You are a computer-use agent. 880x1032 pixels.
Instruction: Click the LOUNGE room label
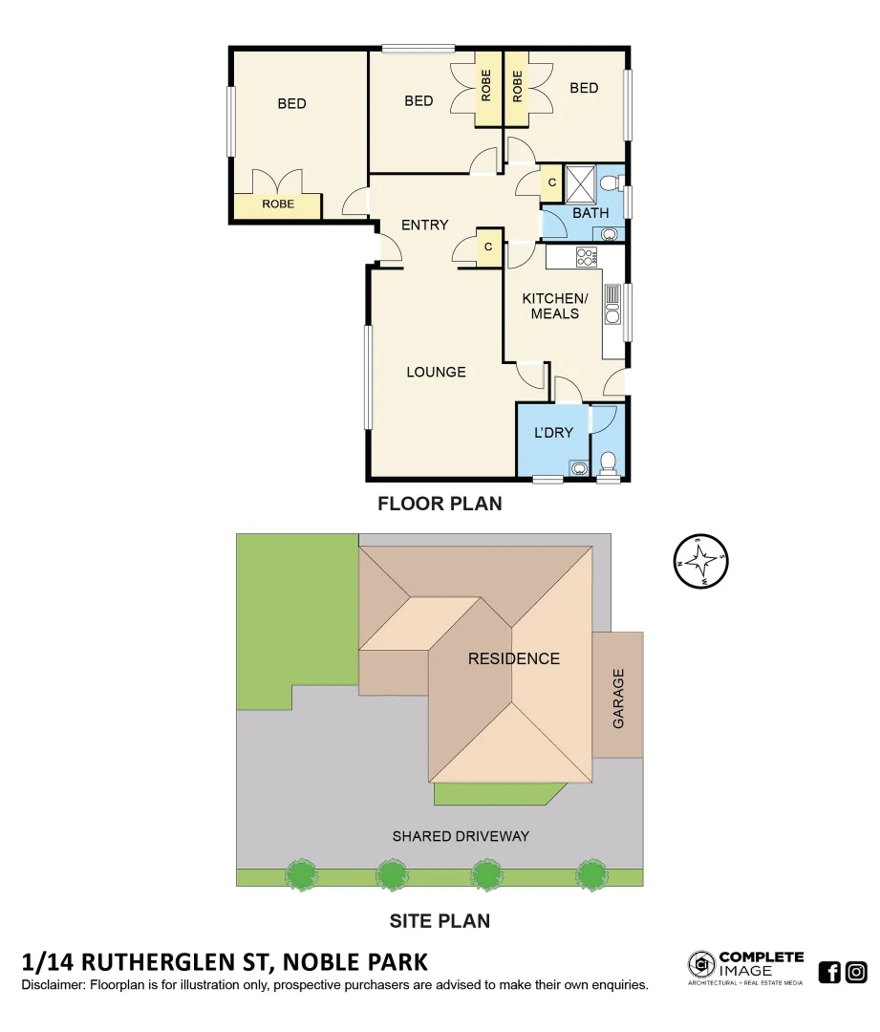436,372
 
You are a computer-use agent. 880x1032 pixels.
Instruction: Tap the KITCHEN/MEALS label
555,306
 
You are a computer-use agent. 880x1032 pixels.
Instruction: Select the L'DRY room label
553,432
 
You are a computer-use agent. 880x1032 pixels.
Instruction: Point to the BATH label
590,213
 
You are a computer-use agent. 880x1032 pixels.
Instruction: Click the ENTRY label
424,225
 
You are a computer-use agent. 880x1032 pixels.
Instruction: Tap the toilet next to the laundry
607,462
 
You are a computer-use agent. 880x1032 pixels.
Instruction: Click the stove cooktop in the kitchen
586,257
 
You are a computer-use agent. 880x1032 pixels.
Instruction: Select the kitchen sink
612,305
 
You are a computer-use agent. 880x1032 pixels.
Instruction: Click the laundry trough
579,467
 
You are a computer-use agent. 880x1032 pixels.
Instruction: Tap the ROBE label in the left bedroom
278,204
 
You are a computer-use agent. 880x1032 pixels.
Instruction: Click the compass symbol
700,561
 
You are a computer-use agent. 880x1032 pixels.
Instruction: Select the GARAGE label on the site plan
618,699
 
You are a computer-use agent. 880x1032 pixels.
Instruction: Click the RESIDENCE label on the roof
514,658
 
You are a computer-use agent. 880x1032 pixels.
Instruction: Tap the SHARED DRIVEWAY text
461,836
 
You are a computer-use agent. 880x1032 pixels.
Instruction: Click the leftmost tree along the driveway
302,874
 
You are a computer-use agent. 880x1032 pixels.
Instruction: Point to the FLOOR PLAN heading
440,504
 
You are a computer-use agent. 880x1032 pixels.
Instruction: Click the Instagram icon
857,973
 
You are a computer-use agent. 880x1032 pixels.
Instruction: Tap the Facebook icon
829,973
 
